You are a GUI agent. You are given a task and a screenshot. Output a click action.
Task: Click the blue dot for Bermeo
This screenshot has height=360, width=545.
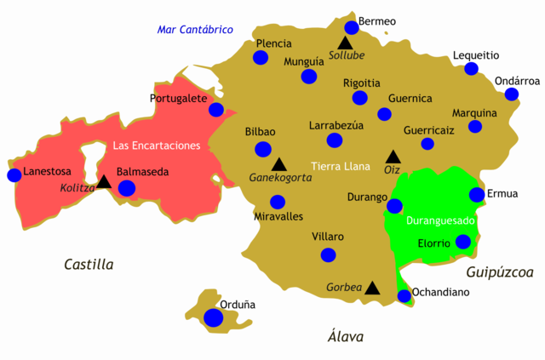[352, 27]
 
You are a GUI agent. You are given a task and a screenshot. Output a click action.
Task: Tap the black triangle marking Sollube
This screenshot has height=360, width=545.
[345, 43]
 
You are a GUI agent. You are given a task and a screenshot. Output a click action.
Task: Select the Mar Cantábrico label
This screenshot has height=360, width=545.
[196, 30]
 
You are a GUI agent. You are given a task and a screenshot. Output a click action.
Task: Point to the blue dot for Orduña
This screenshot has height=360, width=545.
[213, 317]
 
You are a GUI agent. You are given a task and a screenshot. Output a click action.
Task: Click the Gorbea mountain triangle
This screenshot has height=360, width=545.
[372, 289]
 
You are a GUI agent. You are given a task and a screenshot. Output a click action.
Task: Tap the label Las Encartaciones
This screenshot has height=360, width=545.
[157, 146]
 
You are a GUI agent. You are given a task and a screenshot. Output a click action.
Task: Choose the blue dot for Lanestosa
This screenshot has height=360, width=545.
[14, 175]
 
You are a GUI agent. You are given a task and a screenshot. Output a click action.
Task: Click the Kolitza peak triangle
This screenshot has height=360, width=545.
[104, 181]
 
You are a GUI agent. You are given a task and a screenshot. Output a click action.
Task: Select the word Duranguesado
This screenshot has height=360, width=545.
[441, 220]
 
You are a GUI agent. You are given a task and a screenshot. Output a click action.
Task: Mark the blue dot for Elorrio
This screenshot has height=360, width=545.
[462, 242]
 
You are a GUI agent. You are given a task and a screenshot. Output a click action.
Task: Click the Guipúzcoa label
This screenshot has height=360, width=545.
[499, 272]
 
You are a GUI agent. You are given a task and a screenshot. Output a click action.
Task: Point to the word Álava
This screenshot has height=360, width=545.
[346, 336]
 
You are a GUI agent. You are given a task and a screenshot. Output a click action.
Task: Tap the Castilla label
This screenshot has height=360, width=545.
[89, 265]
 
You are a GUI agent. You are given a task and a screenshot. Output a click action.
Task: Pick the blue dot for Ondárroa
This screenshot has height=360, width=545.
[511, 94]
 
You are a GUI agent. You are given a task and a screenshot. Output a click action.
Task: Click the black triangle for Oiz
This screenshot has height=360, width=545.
[393, 157]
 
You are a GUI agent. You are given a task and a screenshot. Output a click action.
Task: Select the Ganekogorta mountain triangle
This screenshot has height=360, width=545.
[278, 163]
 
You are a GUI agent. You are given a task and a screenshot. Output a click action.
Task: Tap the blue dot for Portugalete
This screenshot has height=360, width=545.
[216, 110]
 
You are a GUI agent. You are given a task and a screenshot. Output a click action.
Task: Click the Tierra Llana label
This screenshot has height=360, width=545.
[341, 165]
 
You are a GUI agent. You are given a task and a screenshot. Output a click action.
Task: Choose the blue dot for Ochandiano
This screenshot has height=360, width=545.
[404, 296]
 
